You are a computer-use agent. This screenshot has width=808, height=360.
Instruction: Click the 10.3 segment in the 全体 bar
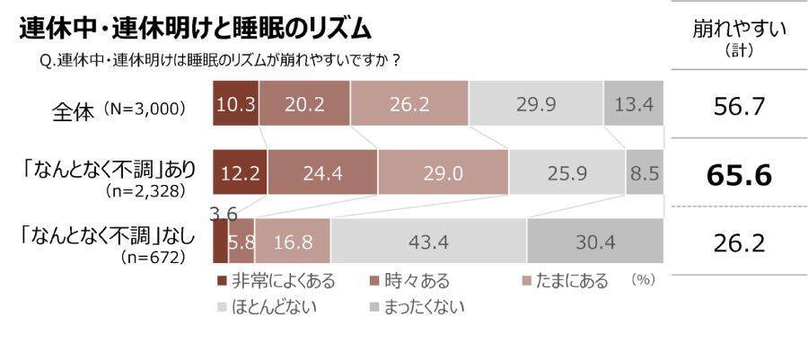[x=236, y=106]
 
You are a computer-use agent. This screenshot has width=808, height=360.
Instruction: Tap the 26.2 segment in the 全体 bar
[x=409, y=106]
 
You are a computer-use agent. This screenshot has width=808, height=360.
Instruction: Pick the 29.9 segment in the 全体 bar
[x=535, y=106]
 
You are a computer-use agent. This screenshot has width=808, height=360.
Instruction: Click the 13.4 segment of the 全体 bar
[x=633, y=106]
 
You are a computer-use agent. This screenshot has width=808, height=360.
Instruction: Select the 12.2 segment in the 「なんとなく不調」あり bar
[x=240, y=171]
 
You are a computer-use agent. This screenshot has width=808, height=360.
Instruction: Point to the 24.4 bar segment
[x=322, y=171]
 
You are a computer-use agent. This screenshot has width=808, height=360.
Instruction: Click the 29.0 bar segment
[x=443, y=171]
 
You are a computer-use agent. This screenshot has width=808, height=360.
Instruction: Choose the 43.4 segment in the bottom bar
[x=427, y=242]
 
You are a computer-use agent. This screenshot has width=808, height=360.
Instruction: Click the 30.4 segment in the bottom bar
[x=594, y=242]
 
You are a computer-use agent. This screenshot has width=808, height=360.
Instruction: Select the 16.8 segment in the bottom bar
[x=292, y=242]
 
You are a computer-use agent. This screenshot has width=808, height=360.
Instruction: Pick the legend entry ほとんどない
[x=268, y=307]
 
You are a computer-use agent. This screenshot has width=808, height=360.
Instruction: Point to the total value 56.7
[x=739, y=107]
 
